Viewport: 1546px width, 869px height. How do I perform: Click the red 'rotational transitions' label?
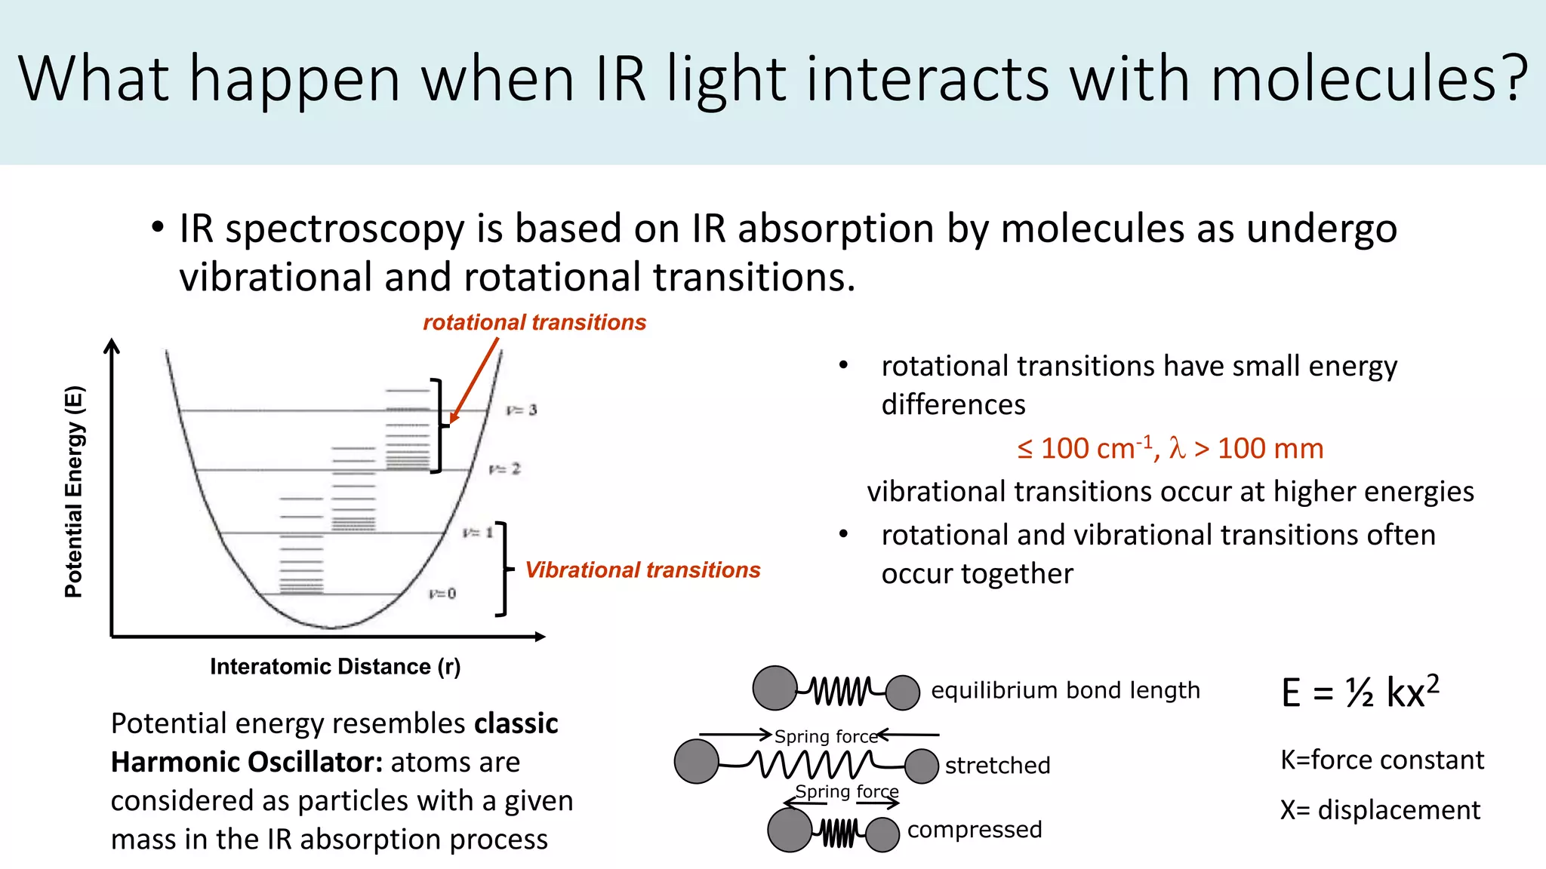tap(534, 323)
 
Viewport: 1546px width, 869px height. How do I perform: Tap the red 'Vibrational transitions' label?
tap(642, 570)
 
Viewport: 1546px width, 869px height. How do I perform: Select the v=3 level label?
tap(522, 410)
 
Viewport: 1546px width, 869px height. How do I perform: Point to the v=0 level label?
tap(442, 594)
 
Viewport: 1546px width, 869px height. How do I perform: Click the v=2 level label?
tap(505, 469)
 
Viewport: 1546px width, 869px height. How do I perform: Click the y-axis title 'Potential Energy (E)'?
tap(74, 492)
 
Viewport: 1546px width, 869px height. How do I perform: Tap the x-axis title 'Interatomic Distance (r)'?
tap(335, 667)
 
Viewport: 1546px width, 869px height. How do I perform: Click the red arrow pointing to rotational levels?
tap(475, 380)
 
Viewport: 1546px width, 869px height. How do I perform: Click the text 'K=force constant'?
tap(1382, 760)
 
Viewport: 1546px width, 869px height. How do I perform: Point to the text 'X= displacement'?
tap(1380, 810)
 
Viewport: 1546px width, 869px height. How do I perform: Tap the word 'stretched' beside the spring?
tap(997, 766)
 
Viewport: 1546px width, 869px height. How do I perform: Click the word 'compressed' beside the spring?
tap(975, 830)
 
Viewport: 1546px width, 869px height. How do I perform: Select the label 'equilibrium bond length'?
tap(1065, 690)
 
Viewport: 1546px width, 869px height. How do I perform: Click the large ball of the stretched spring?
tap(697, 761)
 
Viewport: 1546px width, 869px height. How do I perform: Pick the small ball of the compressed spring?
tap(882, 835)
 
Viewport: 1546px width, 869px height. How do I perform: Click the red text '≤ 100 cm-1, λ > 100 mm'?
tap(1170, 449)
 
